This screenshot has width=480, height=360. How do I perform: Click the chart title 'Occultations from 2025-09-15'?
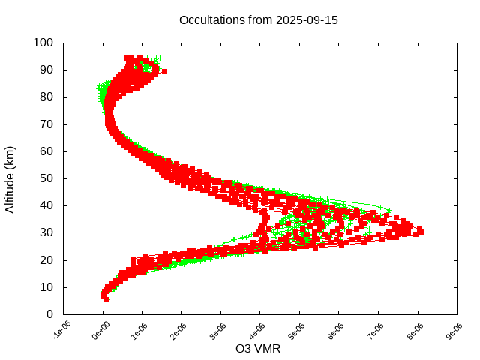(259, 20)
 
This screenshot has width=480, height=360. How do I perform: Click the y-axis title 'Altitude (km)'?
(10, 178)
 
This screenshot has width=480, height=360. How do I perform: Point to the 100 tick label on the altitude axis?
(43, 43)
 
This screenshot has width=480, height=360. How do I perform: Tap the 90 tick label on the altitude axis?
(46, 70)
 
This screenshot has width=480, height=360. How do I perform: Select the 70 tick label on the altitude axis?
(46, 124)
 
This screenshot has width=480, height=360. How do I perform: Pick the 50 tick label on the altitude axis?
(46, 178)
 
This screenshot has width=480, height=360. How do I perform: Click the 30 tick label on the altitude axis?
(46, 232)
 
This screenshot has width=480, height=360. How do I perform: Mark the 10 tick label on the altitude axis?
(46, 287)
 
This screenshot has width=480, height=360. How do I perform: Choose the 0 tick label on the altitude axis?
(49, 314)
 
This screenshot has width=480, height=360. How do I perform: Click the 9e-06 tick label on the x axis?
(452, 330)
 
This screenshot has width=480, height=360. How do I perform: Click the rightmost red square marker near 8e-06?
(420, 232)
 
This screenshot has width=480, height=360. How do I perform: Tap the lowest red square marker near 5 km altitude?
(106, 299)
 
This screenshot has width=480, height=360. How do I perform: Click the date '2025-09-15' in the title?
(307, 20)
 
